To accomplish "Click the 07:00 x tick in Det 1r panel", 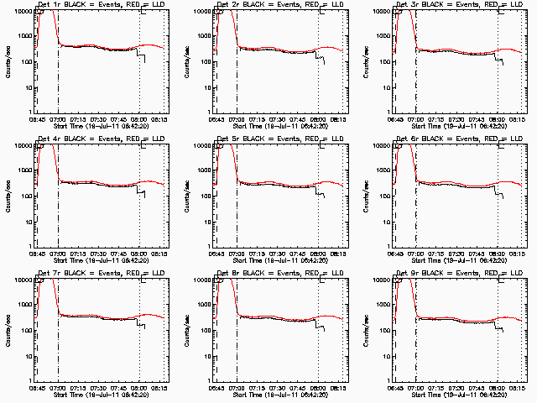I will (x=58, y=119).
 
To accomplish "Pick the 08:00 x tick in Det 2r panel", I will (x=318, y=119).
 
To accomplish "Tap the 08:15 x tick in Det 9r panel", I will (x=518, y=387).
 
